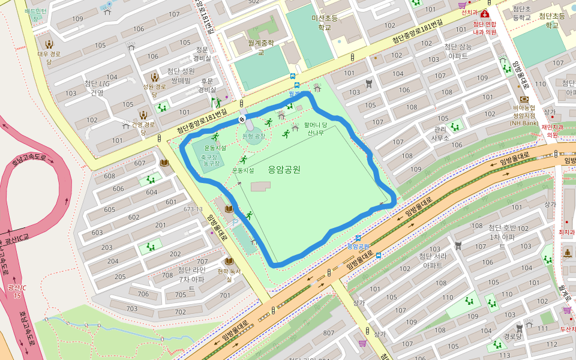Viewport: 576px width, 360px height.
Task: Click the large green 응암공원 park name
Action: [x=284, y=169]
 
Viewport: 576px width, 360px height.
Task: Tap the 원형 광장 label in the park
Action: [x=253, y=136]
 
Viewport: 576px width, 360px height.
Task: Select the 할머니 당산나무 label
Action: [x=316, y=129]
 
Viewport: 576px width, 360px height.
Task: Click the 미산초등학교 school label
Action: [x=325, y=22]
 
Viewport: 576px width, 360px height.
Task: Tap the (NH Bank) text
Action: [x=524, y=123]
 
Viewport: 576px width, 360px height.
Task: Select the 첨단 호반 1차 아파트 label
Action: [x=502, y=232]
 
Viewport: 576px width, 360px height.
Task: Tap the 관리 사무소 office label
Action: [x=440, y=133]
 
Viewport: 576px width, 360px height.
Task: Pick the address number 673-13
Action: [x=193, y=209]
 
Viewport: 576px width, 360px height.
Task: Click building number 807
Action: [x=328, y=333]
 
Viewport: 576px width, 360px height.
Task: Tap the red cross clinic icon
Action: [x=484, y=14]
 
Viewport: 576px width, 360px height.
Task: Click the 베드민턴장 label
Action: [x=36, y=14]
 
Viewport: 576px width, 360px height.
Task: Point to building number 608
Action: [x=109, y=176]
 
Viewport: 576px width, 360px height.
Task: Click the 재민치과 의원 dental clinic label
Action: [x=551, y=131]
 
